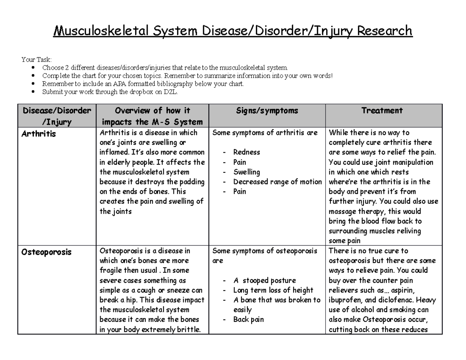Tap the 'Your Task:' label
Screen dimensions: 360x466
pos(36,59)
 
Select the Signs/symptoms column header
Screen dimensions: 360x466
pos(267,111)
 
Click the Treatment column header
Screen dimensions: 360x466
pos(382,111)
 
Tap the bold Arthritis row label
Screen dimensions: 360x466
pos(39,134)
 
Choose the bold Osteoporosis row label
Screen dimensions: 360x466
pos(46,252)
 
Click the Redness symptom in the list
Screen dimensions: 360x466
pos(247,152)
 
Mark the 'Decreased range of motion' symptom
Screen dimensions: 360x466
pos(277,182)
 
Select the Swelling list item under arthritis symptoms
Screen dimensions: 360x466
pos(247,172)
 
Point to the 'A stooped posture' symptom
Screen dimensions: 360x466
pos(264,280)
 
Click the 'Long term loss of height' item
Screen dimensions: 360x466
pos(273,290)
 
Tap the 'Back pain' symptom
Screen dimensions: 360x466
pos(248,320)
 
